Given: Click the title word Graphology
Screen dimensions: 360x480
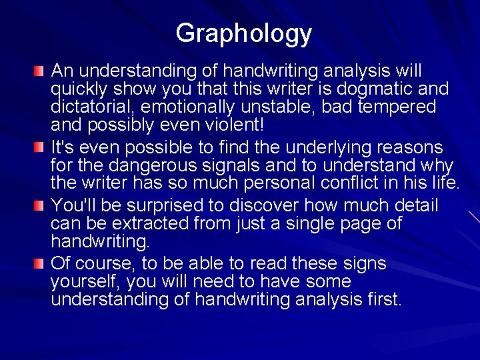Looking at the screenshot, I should [243, 34].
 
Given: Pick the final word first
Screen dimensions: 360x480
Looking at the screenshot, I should [382, 300].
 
